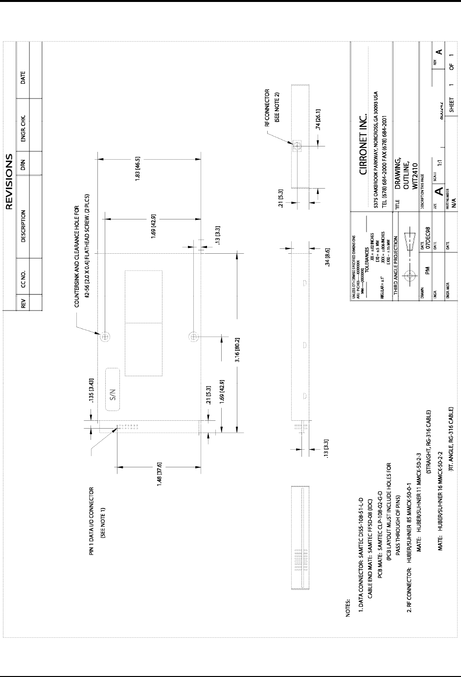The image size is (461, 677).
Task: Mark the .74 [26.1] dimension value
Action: click(318, 120)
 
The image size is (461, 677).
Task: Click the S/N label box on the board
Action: click(114, 392)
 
